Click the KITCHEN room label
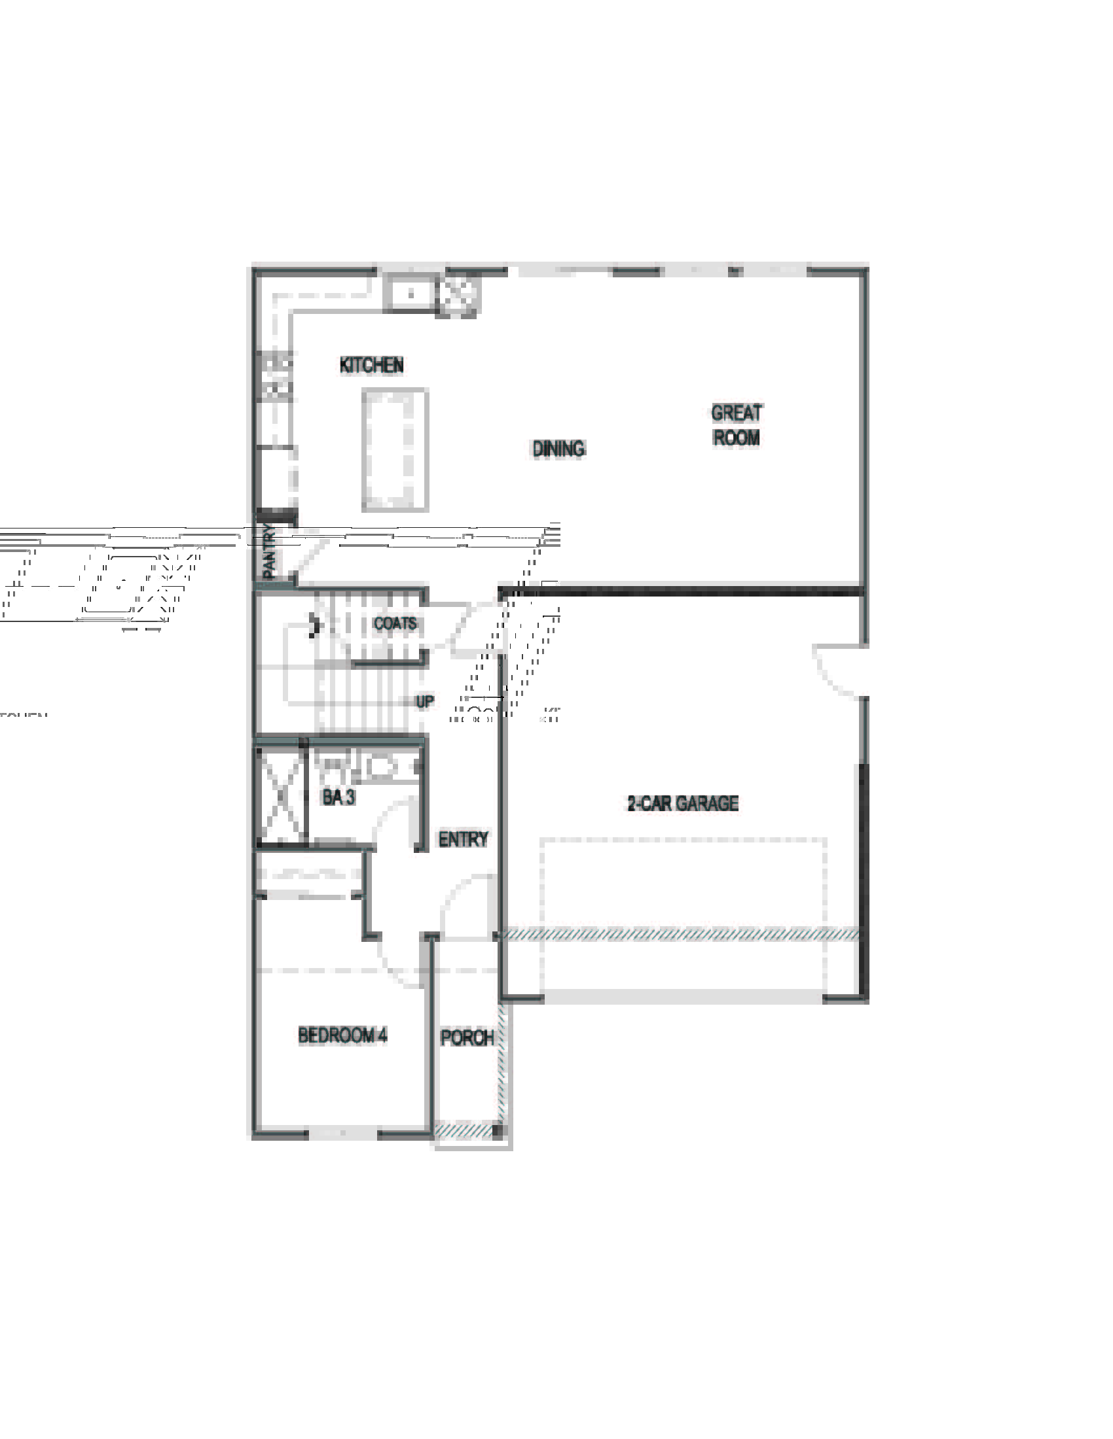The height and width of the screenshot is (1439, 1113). pos(371,365)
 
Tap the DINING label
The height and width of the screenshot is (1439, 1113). pos(558,449)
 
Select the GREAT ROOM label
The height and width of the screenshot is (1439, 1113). pos(736,426)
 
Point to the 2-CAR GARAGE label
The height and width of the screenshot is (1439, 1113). pos(682,803)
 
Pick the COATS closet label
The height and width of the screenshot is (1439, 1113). pos(395,623)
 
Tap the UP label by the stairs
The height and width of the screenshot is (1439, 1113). pos(425,701)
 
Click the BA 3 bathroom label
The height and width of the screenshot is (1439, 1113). pos(338,797)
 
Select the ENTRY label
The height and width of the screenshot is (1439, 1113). pos(463,839)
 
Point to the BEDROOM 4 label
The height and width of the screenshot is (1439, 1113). pos(342,1035)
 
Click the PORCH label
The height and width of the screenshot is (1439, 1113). pos(467,1038)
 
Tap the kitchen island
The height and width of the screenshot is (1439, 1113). pos(395,450)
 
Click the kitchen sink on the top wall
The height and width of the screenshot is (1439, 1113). pos(410,294)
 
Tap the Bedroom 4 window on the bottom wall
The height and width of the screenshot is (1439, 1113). pos(342,1133)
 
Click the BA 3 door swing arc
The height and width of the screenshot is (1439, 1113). pos(393,824)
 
